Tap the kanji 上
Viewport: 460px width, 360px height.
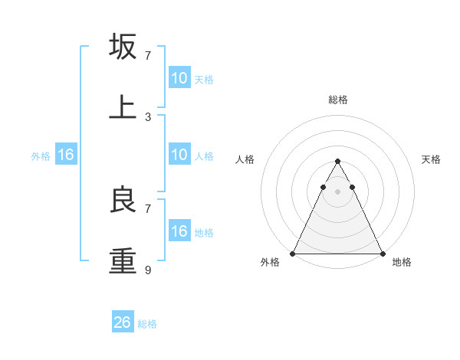pos(123,107)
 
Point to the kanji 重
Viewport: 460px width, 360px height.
pos(123,260)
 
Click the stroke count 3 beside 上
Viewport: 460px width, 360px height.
pos(148,117)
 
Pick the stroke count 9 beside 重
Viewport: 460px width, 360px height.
pos(148,270)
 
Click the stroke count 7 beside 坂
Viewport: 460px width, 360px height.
pos(148,56)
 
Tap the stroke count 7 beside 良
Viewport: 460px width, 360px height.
pos(148,208)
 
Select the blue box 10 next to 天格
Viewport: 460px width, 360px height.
pos(179,78)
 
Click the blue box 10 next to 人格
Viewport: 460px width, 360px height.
pos(179,155)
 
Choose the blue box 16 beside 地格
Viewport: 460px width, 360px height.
pos(179,231)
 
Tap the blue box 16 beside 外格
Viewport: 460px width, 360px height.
pos(66,155)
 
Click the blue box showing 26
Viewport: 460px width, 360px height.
pos(123,322)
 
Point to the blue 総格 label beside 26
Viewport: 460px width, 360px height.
pos(147,324)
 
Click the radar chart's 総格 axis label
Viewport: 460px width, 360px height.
pos(337,100)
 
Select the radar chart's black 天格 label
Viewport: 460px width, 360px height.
pos(432,159)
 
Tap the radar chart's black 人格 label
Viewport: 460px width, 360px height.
pos(245,159)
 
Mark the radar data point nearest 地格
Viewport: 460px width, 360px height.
pos(382,253)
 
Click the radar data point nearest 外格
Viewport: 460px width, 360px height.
pos(293,253)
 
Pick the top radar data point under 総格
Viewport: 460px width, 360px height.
pos(337,162)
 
